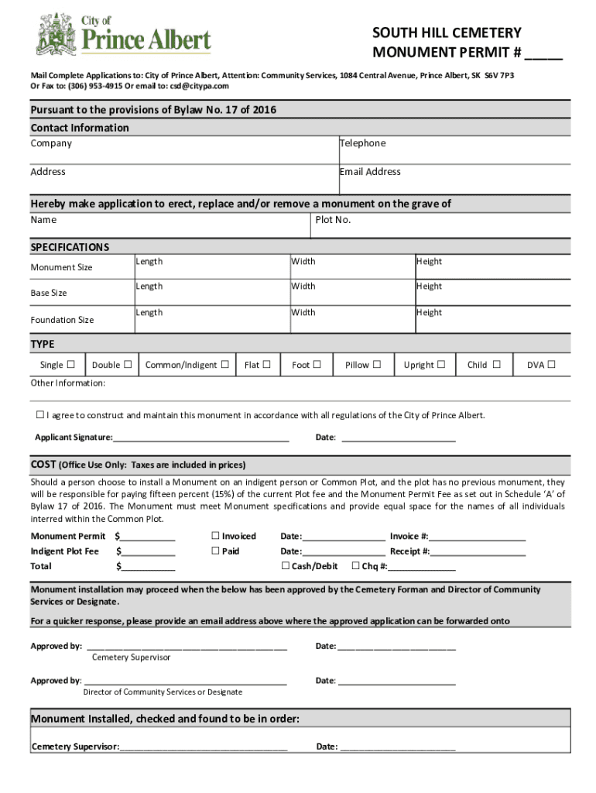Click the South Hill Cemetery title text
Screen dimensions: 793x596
click(447, 33)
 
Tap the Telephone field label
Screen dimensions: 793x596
click(362, 143)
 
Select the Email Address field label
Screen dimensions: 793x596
click(370, 172)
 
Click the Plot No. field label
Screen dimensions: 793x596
click(333, 220)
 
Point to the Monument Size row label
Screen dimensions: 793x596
click(61, 268)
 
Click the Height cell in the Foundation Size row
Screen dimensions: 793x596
click(429, 313)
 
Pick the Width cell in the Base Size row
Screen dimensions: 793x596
click(303, 287)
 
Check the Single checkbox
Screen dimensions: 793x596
click(71, 365)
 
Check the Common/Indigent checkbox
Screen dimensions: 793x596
click(224, 365)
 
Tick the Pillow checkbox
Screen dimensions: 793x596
click(378, 365)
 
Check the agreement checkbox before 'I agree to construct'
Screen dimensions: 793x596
click(40, 415)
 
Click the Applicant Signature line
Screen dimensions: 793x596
click(200, 438)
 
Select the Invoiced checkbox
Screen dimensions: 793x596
click(216, 536)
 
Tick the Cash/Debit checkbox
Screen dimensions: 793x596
click(286, 566)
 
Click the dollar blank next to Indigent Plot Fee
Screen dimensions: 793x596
click(147, 552)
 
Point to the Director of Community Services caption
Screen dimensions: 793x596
click(163, 692)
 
